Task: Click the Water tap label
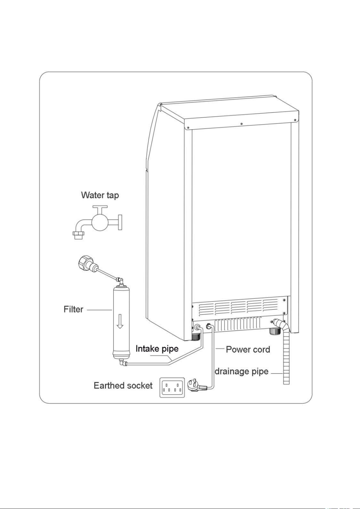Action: tap(100, 195)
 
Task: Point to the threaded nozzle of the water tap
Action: tap(79, 235)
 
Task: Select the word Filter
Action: tap(73, 309)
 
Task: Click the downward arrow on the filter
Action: tap(120, 321)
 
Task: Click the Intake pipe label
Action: tap(157, 349)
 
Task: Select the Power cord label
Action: tap(248, 350)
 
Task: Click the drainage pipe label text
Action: tap(241, 371)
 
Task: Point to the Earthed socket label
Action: tap(123, 385)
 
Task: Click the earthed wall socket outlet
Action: tap(172, 387)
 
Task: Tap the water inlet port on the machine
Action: tap(198, 327)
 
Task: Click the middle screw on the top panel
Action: tap(241, 124)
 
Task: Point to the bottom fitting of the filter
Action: tap(121, 361)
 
